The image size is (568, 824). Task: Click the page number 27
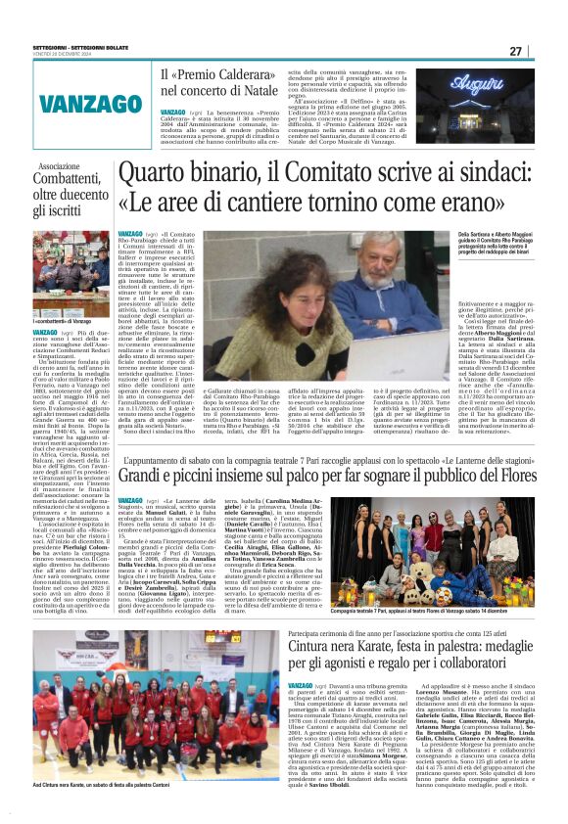(x=543, y=51)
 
